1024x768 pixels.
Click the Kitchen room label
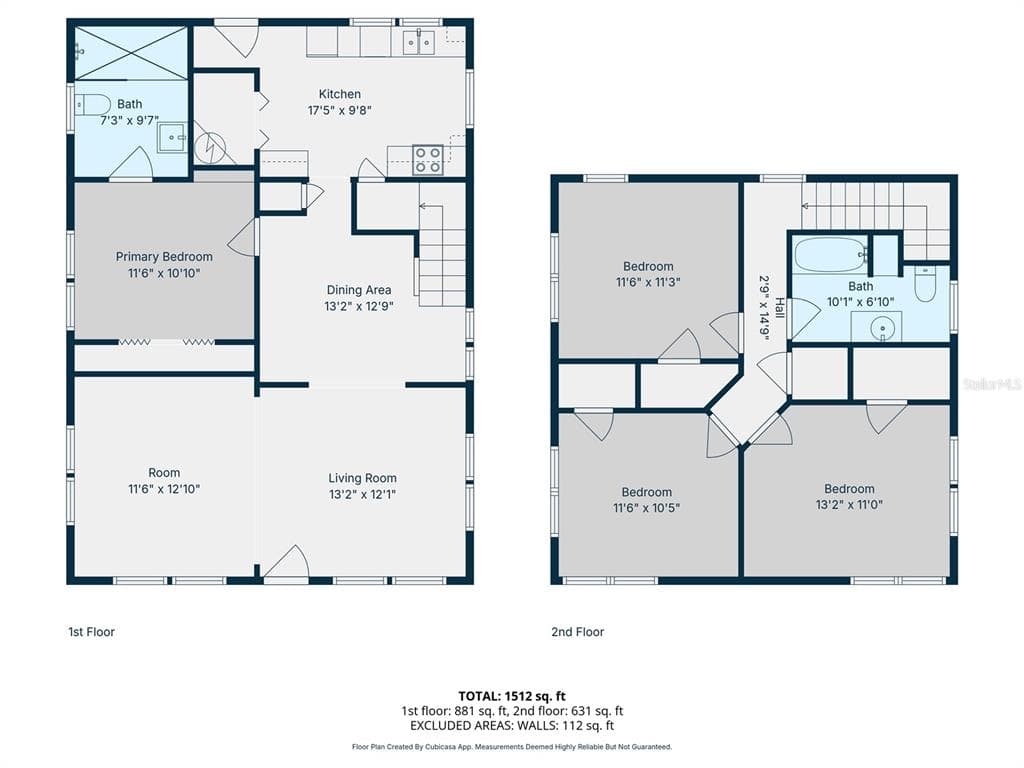point(340,94)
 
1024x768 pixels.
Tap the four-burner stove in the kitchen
point(428,160)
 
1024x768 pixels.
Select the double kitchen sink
point(419,42)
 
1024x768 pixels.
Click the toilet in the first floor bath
point(92,104)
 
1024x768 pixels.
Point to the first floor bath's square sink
point(172,137)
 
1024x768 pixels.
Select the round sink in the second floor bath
point(882,327)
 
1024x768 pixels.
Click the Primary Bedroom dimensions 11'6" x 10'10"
point(164,273)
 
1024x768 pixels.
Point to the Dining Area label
point(359,290)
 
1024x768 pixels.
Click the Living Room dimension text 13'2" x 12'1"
point(362,494)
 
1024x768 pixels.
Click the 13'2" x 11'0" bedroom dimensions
point(849,505)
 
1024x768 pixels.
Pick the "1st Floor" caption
point(91,632)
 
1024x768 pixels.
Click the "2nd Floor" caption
point(578,632)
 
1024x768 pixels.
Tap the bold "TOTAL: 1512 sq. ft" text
point(512,696)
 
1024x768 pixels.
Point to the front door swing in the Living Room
point(287,562)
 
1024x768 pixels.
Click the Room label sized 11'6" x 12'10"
point(164,473)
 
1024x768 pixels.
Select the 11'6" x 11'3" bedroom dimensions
point(648,282)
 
